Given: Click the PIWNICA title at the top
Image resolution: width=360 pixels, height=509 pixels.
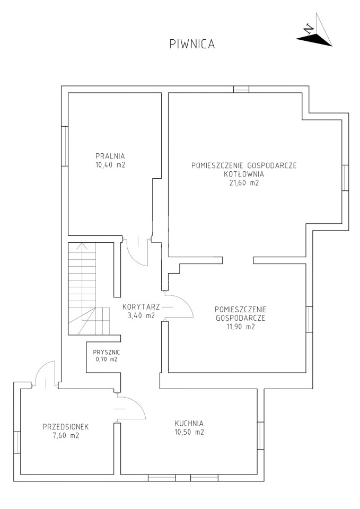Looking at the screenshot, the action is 192,44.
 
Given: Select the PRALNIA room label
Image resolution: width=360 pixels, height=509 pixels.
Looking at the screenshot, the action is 110,156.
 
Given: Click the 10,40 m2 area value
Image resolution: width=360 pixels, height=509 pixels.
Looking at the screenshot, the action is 110,164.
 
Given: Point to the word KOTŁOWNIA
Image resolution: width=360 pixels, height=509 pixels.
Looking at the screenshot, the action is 244,174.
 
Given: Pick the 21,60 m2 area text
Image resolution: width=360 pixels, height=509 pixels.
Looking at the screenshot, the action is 244,183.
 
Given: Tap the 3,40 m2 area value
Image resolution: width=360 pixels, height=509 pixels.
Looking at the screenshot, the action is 139,315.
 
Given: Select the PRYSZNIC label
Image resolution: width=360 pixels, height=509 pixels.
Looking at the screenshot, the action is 107,352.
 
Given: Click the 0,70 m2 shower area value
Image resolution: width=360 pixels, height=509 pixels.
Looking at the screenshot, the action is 107,359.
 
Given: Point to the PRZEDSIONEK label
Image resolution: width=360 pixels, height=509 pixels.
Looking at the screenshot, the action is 66,427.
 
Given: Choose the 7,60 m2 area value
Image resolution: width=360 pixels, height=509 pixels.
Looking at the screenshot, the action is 66,436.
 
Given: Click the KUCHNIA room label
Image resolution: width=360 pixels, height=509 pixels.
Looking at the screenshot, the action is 189,423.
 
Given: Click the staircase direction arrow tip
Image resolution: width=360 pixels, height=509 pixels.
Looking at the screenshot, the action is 83,243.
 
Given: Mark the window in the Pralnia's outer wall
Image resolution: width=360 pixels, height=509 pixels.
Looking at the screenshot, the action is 65,146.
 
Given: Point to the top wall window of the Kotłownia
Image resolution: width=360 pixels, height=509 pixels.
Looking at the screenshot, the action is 241,89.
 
